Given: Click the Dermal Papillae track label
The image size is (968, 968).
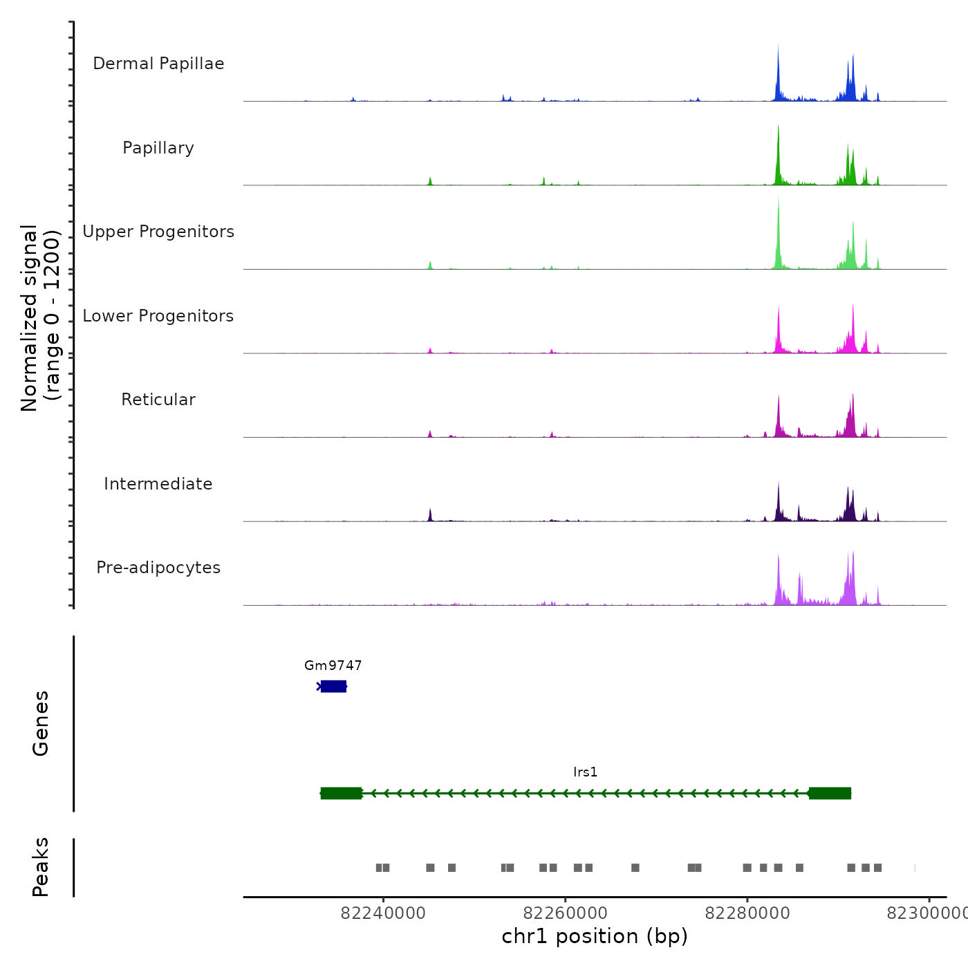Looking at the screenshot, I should click(158, 64).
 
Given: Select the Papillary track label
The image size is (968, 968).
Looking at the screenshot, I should click(158, 148).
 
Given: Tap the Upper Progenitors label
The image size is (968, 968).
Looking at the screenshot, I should click(158, 232).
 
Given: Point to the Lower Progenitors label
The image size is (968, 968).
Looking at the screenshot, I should click(158, 316).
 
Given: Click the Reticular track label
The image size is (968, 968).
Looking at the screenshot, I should click(158, 400).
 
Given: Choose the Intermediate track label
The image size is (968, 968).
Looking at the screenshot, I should click(158, 484).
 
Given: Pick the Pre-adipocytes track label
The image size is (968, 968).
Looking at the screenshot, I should click(158, 568).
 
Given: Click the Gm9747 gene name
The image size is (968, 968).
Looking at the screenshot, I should click(333, 665).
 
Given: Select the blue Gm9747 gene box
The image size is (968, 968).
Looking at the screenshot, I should click(333, 686).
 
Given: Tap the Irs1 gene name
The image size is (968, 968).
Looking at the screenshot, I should click(585, 772).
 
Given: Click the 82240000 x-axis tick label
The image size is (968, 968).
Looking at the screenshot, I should click(383, 913).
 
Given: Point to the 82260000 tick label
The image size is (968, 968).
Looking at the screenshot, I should click(565, 913).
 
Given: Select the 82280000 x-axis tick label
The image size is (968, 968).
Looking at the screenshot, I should click(747, 913).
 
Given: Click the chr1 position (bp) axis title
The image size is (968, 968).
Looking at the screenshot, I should click(595, 936).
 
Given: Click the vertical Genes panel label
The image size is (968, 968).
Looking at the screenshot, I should click(41, 723).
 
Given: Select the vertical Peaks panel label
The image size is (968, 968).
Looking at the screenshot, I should click(41, 867).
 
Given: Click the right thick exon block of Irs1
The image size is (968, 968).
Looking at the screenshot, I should click(830, 793).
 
